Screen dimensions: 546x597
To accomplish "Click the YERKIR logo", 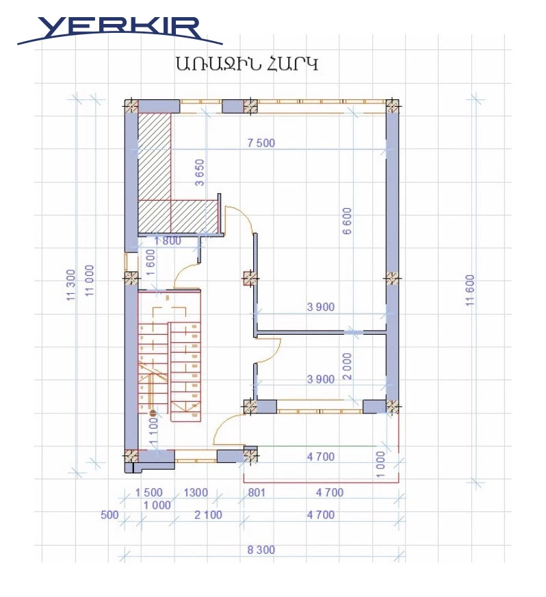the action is [120, 30].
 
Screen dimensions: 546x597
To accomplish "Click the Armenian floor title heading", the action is [246, 63].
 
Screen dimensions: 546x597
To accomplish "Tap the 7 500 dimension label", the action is [261, 143].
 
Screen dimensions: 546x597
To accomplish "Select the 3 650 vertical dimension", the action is [199, 173].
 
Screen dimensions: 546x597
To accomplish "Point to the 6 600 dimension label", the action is [348, 221].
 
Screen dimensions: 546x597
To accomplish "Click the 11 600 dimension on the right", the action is [470, 290].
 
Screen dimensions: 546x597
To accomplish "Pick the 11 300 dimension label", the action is [71, 285].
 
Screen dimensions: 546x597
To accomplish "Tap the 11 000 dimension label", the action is [89, 281].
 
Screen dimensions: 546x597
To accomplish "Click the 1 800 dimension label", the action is [168, 240].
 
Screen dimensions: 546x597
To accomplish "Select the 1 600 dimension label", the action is [151, 262].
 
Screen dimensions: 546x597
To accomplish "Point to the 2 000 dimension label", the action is [348, 366].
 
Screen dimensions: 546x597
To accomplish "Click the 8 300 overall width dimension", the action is [261, 550].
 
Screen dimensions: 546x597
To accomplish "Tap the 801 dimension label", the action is [257, 493].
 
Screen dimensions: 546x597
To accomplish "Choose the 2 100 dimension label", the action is [208, 515].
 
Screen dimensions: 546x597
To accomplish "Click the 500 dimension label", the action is [109, 515].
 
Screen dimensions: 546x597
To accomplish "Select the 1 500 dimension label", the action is [148, 493].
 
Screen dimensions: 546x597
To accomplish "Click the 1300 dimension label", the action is [196, 493].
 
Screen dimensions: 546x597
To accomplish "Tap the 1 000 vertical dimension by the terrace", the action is [380, 464].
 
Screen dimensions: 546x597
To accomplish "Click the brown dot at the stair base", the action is [153, 412].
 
